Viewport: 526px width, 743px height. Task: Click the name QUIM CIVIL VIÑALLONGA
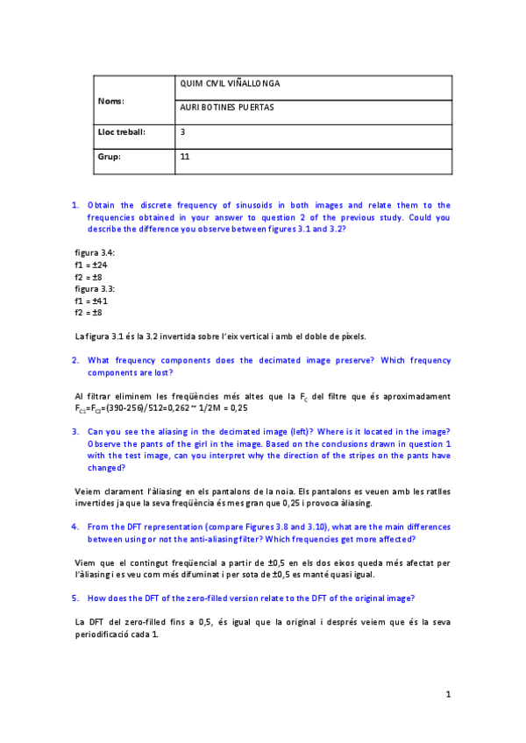[x=229, y=84]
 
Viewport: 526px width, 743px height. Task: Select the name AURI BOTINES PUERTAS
[x=226, y=108]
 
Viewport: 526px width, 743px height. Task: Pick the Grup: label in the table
[x=110, y=158]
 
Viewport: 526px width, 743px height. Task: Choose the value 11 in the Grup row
[x=184, y=158]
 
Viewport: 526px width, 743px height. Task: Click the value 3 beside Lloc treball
[x=182, y=132]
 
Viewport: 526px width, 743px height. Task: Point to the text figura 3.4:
[x=95, y=252]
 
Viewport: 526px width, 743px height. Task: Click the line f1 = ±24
[x=91, y=265]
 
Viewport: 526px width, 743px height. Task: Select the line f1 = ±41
[x=91, y=301]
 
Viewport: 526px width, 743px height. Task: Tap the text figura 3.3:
[x=95, y=288]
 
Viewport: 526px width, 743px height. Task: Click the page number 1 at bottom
[x=448, y=695]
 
